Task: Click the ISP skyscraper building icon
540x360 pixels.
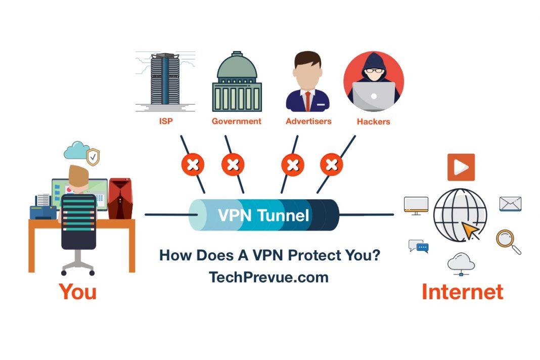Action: click(x=165, y=81)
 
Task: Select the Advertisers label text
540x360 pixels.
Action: click(x=308, y=121)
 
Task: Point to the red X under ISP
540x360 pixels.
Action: click(x=193, y=164)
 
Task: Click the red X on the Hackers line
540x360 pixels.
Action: click(x=332, y=164)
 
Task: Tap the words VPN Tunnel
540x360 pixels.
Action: click(x=263, y=215)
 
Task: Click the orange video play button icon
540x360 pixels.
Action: click(x=461, y=167)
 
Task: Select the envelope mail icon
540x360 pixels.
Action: click(x=510, y=204)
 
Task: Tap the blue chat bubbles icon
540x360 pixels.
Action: click(x=419, y=246)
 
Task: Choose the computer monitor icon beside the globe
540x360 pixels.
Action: click(x=416, y=205)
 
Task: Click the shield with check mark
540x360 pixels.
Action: click(x=93, y=157)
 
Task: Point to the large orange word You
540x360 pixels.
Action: click(x=77, y=292)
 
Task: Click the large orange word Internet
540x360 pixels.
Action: click(x=462, y=292)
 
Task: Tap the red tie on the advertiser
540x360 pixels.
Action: click(x=308, y=100)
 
